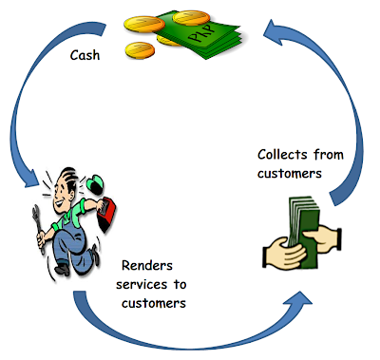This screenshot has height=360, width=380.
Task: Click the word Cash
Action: pos(85,55)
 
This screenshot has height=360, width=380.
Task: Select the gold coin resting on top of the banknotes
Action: pos(191,17)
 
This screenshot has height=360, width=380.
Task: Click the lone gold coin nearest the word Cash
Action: pos(140,50)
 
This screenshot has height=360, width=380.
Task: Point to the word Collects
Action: pos(282,155)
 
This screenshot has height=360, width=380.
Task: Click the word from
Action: pos(329,155)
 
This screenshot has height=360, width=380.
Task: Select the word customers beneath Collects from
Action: pos(290,174)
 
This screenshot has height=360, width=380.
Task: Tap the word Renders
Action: pos(147,265)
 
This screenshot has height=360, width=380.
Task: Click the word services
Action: pos(142,284)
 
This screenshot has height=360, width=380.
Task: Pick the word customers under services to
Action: pos(154,303)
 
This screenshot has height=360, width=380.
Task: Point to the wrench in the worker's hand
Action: pos(38,229)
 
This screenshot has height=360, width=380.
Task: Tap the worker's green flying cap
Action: pos(94,184)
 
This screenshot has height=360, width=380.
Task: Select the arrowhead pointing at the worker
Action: pos(31,178)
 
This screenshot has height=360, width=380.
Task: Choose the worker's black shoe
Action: pos(62,270)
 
